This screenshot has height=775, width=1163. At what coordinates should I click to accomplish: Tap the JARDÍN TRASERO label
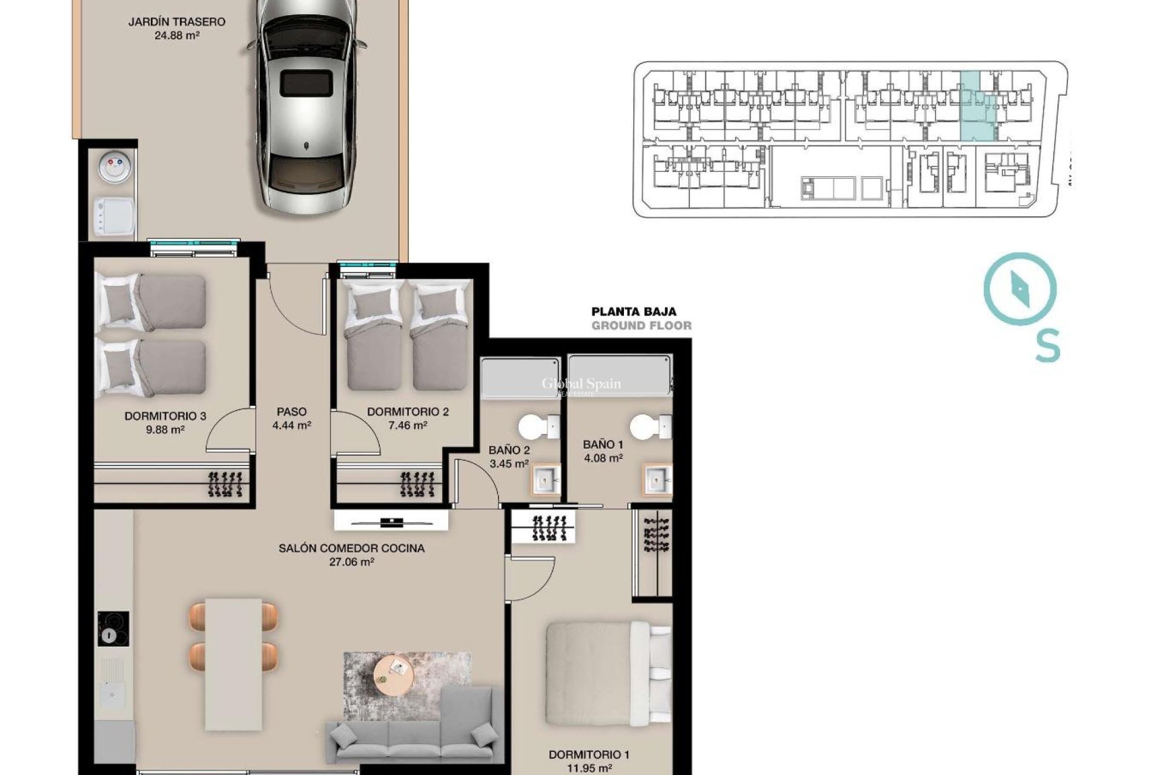(x=177, y=22)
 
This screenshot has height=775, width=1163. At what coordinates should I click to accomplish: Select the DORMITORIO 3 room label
(x=165, y=416)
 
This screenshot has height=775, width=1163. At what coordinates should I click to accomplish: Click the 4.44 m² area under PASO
(x=291, y=425)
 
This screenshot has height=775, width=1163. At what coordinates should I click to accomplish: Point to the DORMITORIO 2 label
(x=408, y=412)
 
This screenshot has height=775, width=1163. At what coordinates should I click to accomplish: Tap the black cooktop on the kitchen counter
(x=113, y=629)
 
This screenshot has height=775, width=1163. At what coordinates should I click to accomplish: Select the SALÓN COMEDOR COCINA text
(x=351, y=549)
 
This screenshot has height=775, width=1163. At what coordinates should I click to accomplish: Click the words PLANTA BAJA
(x=634, y=312)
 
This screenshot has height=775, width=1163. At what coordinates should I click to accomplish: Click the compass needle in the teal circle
(x=1020, y=289)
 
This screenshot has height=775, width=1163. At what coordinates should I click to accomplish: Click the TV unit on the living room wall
(x=391, y=521)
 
